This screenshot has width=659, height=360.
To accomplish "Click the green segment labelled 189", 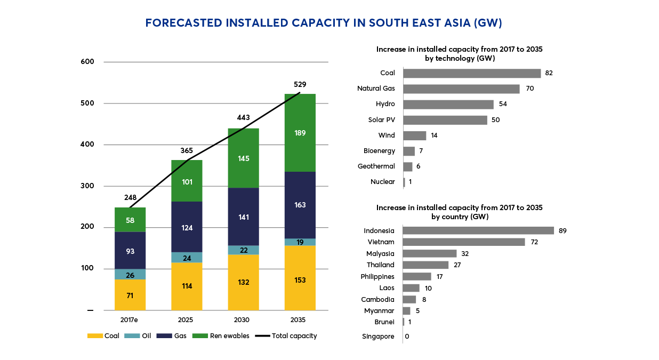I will point(300,133).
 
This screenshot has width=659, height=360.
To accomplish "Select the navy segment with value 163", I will point(300,205).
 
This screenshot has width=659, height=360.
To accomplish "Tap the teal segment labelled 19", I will point(300,242).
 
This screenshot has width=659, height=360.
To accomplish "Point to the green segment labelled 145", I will point(243,158).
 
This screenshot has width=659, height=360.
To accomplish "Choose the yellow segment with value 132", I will point(243,282).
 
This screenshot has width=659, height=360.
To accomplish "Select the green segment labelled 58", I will point(130,219).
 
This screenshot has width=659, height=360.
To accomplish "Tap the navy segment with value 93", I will point(130,250).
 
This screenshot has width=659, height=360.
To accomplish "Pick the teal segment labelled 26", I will point(130,274).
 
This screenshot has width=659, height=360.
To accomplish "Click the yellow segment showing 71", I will point(130,295).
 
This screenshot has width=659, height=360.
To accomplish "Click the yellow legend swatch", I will point(95,336).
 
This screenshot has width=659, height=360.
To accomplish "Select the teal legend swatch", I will point(132,336).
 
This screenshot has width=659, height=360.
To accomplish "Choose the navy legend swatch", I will point(164,336).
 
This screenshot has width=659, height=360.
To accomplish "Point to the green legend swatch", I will point(200,336).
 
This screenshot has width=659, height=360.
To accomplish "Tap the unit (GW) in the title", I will point(489,24).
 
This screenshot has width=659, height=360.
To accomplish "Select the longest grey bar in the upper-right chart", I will point(472,74).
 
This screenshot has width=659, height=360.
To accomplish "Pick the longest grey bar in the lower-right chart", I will point(478,230).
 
